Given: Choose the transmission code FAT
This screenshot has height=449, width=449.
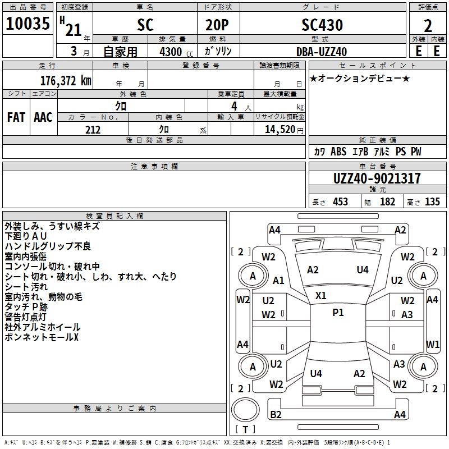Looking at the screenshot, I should (x=16, y=117).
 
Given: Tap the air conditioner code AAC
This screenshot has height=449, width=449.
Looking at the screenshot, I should (x=43, y=117).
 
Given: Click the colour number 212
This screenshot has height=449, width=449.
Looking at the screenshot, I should (x=93, y=130).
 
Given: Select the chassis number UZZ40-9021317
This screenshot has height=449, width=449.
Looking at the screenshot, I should (x=377, y=179).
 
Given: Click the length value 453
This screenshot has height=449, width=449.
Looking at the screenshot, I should (x=340, y=202).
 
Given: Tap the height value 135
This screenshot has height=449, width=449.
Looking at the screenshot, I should (x=432, y=202).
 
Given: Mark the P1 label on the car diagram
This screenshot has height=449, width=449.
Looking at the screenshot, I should (x=338, y=313).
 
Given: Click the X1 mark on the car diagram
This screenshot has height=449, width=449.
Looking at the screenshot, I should (x=321, y=295).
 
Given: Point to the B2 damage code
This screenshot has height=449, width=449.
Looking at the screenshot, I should (x=276, y=415).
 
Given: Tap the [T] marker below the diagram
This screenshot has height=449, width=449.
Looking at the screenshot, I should (x=245, y=430).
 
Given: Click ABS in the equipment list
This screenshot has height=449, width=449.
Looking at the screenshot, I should (x=338, y=152).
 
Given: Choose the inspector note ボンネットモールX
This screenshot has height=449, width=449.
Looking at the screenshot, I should (x=42, y=337).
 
